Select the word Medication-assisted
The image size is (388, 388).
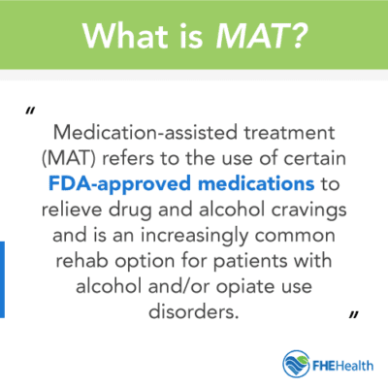pyautogui.click(x=139, y=131)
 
